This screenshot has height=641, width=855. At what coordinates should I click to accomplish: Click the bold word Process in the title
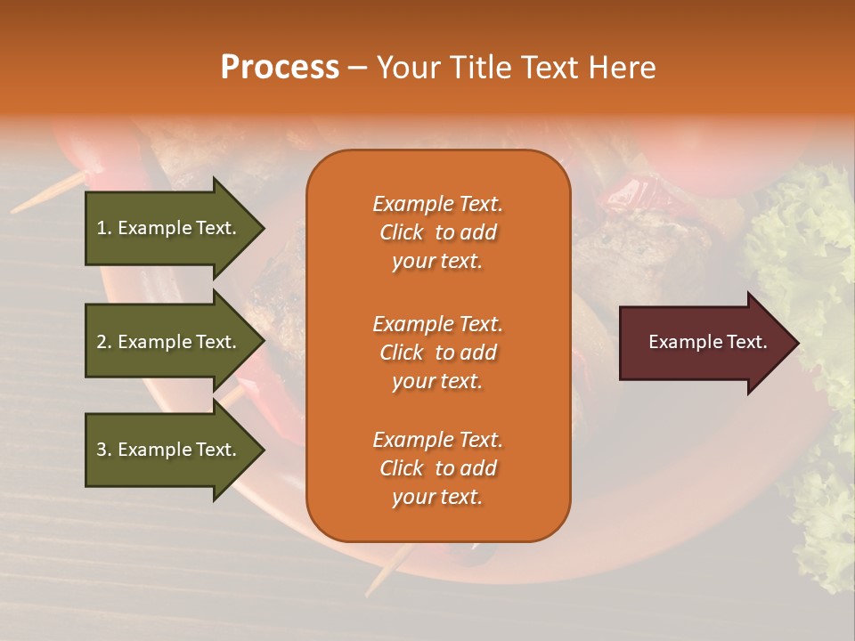(x=280, y=68)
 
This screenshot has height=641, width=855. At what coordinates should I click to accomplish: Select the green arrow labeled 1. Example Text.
(x=169, y=228)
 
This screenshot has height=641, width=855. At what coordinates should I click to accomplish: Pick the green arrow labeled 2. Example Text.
(x=169, y=342)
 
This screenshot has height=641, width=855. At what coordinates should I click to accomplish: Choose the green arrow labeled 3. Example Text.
(x=169, y=450)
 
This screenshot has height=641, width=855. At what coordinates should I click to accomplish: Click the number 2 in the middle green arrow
(x=102, y=342)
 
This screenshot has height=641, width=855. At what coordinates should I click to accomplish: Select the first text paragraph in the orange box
(x=437, y=232)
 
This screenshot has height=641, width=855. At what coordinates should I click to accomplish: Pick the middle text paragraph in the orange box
(x=437, y=353)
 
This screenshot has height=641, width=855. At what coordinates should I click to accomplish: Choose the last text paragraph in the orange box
(x=437, y=468)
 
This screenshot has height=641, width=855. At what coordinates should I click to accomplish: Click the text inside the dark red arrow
(x=707, y=342)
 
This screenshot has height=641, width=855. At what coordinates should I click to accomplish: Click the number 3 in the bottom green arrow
(x=102, y=450)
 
